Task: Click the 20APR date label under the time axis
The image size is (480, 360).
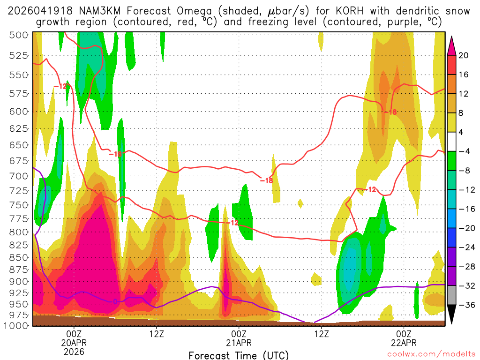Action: (x=74, y=342)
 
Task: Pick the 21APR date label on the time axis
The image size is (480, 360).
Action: (x=239, y=342)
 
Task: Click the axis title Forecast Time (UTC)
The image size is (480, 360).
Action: (x=239, y=355)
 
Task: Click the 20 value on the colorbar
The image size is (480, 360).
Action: (x=464, y=55)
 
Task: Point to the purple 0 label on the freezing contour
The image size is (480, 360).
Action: (x=115, y=301)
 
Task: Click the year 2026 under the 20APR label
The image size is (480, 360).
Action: (x=74, y=351)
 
